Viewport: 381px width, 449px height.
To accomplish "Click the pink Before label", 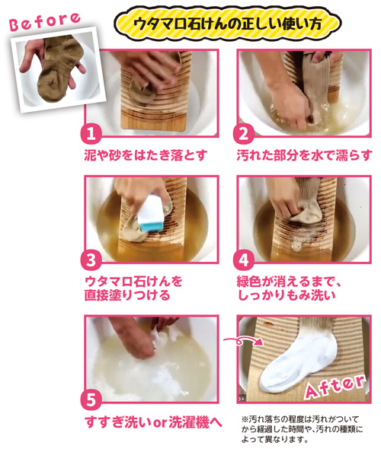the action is pos(44,21).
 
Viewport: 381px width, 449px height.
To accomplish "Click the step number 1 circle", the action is pos(91,133).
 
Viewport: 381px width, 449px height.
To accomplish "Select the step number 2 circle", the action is pos(243,133).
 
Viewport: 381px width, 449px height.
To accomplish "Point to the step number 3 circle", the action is pos(91,260).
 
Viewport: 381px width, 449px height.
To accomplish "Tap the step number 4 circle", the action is pos(243,260).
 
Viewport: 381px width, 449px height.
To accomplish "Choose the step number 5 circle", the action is pos(91,400).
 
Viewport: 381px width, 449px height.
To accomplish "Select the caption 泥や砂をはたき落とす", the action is pos(146,155).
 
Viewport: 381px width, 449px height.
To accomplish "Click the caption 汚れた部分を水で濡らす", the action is pos(304,155).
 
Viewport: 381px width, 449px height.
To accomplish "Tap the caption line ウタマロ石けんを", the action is pos(133,282).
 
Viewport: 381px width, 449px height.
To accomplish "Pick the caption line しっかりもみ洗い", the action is pos(287,295).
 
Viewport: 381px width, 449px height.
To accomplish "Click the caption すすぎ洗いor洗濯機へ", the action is pos(153,422).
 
